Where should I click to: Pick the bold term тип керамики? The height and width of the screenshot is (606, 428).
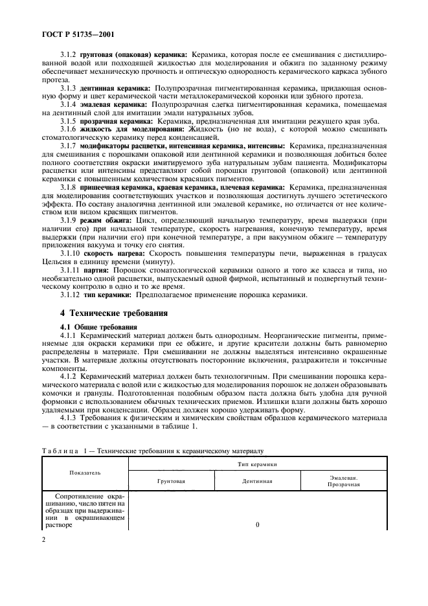click(106, 295)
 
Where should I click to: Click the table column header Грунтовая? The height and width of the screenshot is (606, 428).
click(172, 481)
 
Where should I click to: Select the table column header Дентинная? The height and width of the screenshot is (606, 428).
click(257, 481)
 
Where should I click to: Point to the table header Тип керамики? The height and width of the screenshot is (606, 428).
click(257, 465)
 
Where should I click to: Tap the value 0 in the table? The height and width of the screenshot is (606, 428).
click(257, 524)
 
